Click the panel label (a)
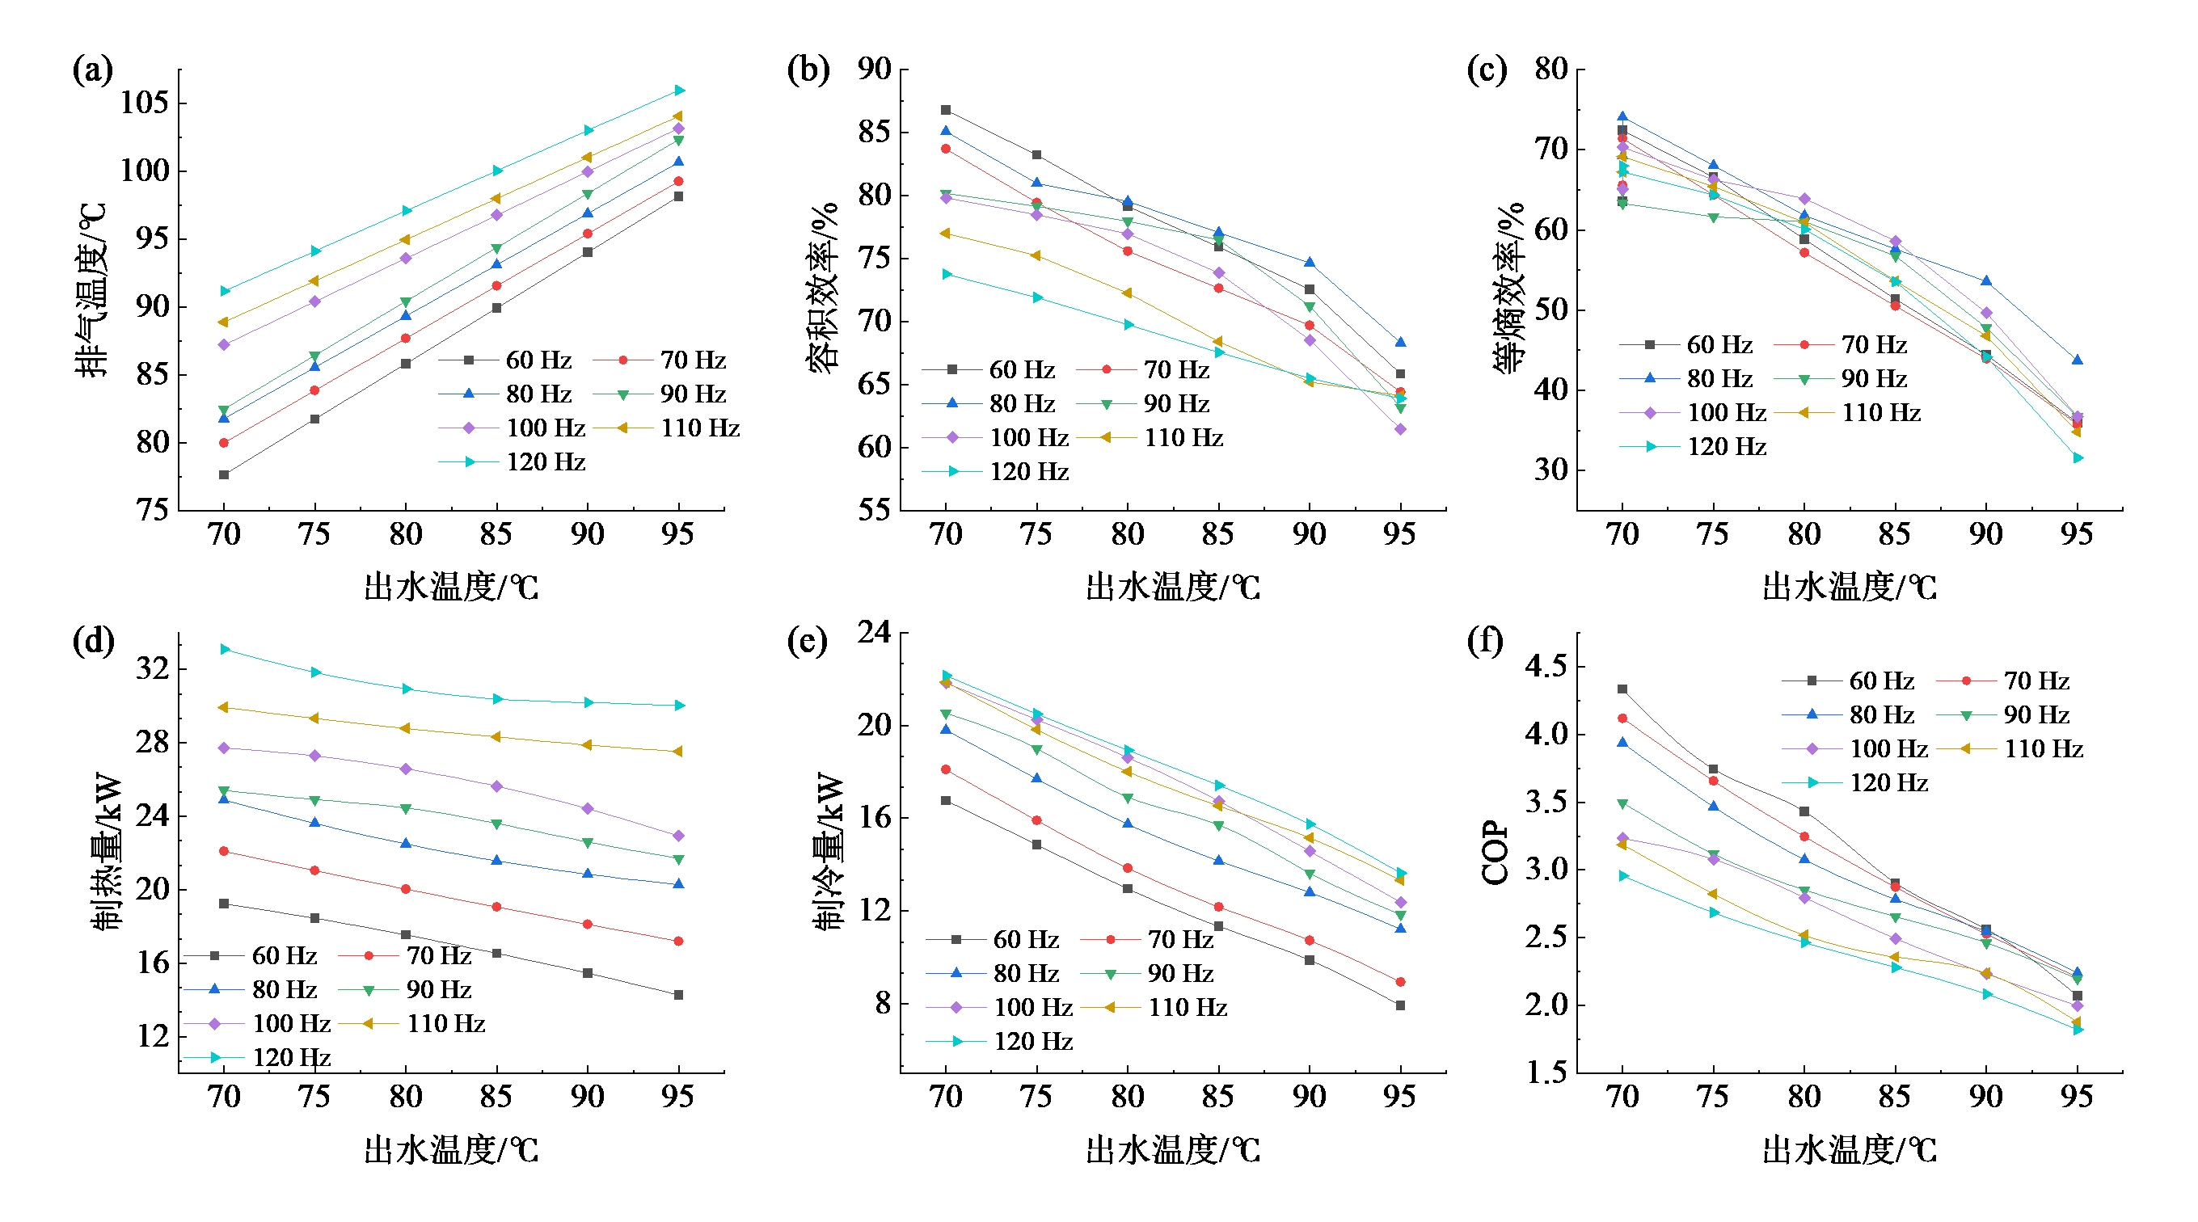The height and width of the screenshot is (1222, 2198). pos(92,70)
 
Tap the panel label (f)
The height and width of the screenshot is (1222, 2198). pos(1485,640)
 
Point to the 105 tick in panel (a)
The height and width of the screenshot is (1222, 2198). pos(144,103)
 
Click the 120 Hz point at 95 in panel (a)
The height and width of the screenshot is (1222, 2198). pos(679,90)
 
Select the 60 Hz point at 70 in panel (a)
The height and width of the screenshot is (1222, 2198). pos(224,474)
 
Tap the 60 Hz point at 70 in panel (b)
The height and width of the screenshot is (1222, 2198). pos(946,110)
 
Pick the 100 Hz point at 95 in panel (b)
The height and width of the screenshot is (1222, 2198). pos(1400,429)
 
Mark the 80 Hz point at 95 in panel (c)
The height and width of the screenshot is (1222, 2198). pos(2078,360)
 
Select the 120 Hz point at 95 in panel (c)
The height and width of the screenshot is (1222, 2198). pos(2078,458)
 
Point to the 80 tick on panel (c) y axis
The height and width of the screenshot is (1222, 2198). pos(1550,70)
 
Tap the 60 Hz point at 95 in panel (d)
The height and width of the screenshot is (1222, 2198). pos(678,995)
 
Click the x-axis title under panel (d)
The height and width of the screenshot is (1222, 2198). pos(451,1150)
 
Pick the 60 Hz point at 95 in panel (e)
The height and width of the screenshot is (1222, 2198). pos(1400,1006)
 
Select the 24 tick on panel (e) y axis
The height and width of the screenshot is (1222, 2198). pos(874,632)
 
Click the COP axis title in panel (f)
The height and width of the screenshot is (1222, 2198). pos(1494,853)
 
